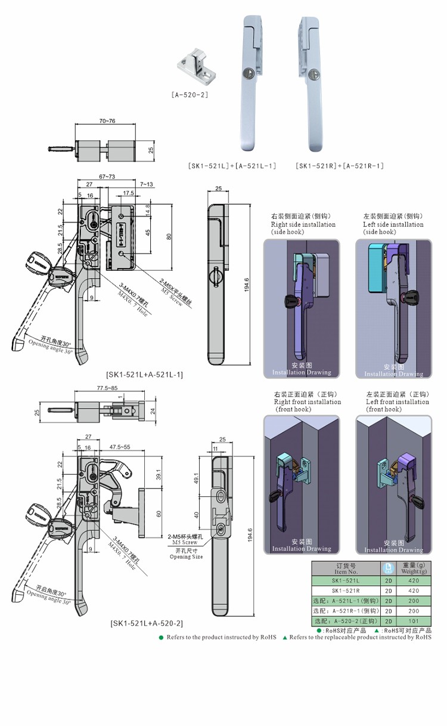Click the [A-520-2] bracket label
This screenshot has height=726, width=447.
(x=190, y=94)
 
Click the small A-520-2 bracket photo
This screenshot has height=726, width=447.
(x=195, y=69)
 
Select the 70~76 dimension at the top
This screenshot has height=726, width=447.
(x=107, y=121)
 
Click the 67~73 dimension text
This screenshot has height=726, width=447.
(x=107, y=177)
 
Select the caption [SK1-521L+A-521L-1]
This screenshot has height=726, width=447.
(x=144, y=375)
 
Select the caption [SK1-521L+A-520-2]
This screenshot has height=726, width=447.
(x=147, y=623)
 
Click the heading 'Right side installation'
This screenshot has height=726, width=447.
(x=303, y=225)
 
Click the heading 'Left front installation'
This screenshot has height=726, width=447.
(x=394, y=402)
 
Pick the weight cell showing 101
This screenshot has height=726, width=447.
(x=414, y=622)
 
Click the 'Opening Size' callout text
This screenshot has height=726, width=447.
(x=186, y=557)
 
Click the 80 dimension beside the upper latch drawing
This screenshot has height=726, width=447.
(x=169, y=236)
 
